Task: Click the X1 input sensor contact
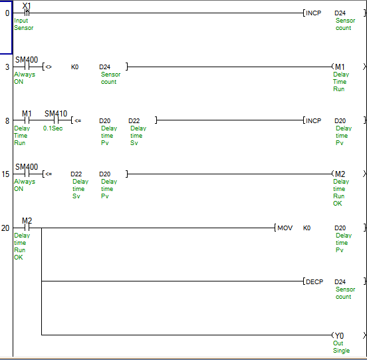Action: (27, 13)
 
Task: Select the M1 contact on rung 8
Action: (27, 120)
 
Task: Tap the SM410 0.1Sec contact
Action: (56, 120)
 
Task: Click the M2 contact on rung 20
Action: (27, 228)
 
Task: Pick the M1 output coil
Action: (340, 67)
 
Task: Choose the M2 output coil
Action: (340, 174)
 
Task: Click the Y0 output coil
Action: (339, 335)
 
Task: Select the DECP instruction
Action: (314, 281)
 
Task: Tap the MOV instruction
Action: (285, 228)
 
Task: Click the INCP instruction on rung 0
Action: (313, 13)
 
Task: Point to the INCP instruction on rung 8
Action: (313, 121)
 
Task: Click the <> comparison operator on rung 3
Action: (49, 67)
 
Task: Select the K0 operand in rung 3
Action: (74, 67)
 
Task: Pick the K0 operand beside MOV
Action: (306, 228)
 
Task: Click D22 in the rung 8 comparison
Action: (134, 121)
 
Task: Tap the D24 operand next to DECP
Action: (340, 281)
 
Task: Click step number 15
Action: (5, 174)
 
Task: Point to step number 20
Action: (5, 228)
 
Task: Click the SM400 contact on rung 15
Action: (27, 174)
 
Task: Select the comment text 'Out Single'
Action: (341, 347)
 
